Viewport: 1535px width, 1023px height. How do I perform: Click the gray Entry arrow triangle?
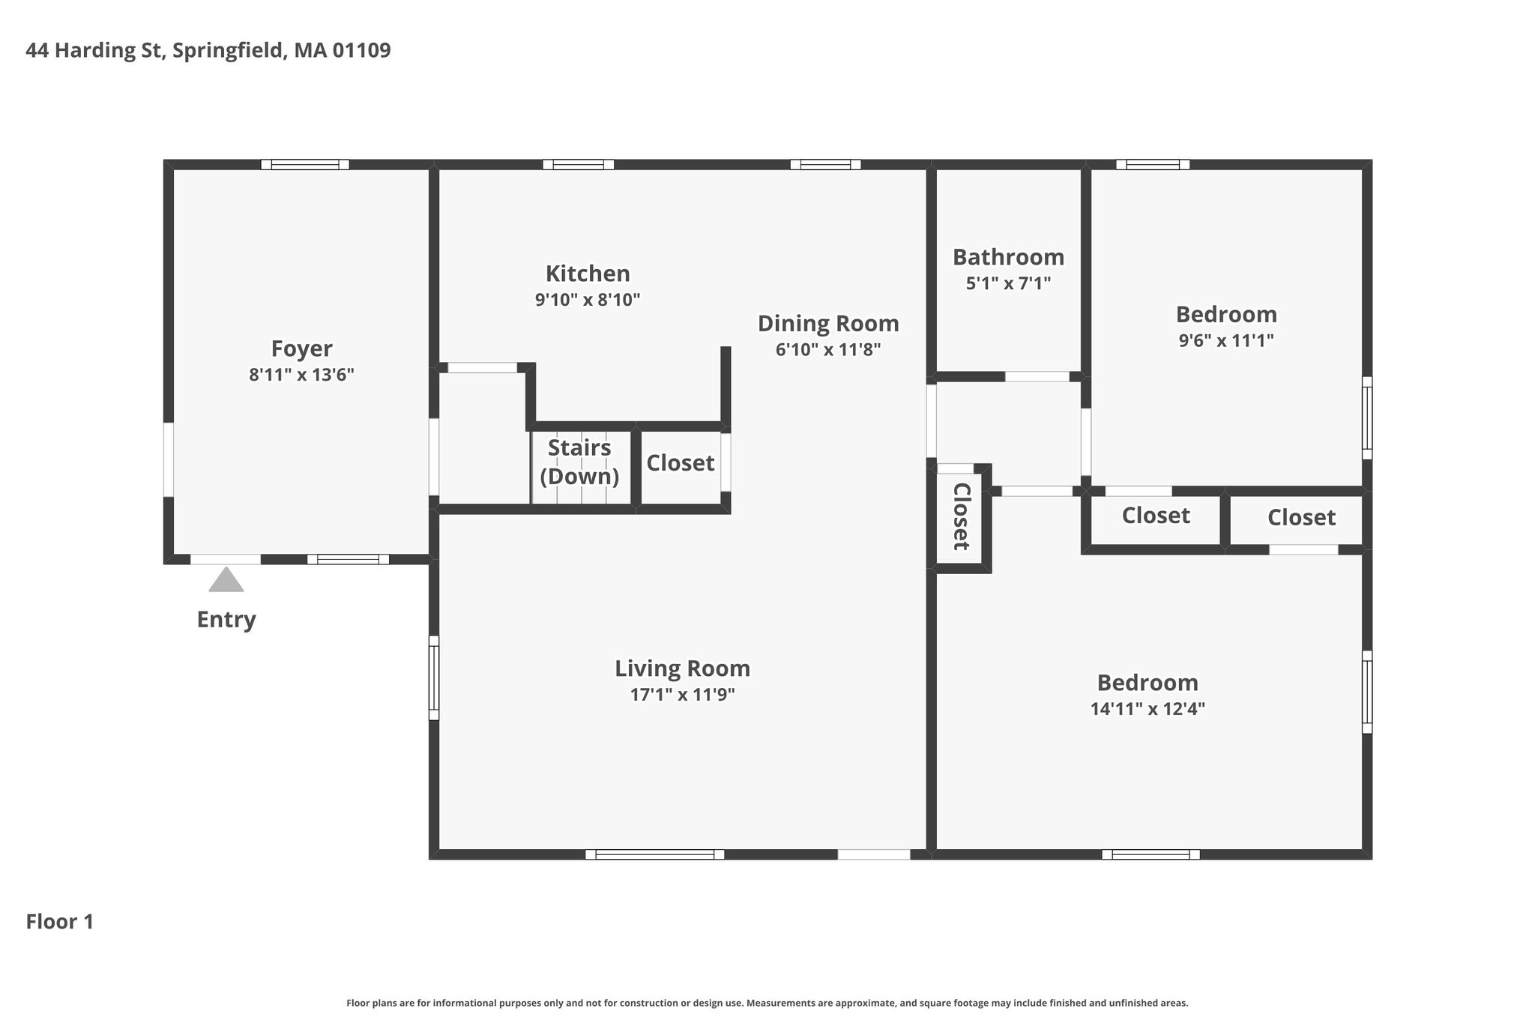click(x=226, y=580)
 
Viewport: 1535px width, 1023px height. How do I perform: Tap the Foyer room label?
click(x=302, y=349)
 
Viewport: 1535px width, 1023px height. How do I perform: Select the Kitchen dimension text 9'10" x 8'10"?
click(x=588, y=300)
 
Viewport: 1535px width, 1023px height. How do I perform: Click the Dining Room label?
click(x=828, y=324)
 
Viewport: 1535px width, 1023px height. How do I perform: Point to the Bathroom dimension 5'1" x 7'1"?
click(x=1008, y=283)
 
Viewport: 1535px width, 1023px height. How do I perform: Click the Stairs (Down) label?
click(x=579, y=462)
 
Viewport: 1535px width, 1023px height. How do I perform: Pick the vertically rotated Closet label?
click(x=962, y=516)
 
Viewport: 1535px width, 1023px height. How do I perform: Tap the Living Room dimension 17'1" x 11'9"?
click(x=682, y=695)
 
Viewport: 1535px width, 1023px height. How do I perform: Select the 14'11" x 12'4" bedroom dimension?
click(x=1148, y=709)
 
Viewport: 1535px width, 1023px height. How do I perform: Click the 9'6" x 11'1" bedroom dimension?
click(x=1226, y=340)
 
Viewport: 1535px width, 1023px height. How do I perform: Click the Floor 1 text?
click(x=60, y=922)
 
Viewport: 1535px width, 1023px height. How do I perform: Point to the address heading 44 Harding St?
click(x=95, y=51)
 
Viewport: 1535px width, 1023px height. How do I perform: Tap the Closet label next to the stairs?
click(x=681, y=463)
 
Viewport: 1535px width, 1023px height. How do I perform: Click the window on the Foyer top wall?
click(x=305, y=165)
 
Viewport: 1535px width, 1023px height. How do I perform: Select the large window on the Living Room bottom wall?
click(x=655, y=854)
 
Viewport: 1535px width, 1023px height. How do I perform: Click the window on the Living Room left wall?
click(x=434, y=678)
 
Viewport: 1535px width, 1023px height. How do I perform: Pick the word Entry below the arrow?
click(x=226, y=620)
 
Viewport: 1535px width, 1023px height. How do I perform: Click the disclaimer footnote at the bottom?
click(x=767, y=1003)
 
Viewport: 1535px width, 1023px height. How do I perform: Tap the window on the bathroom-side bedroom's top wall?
click(x=1153, y=165)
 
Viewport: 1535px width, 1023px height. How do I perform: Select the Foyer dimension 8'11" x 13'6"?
click(x=302, y=375)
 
